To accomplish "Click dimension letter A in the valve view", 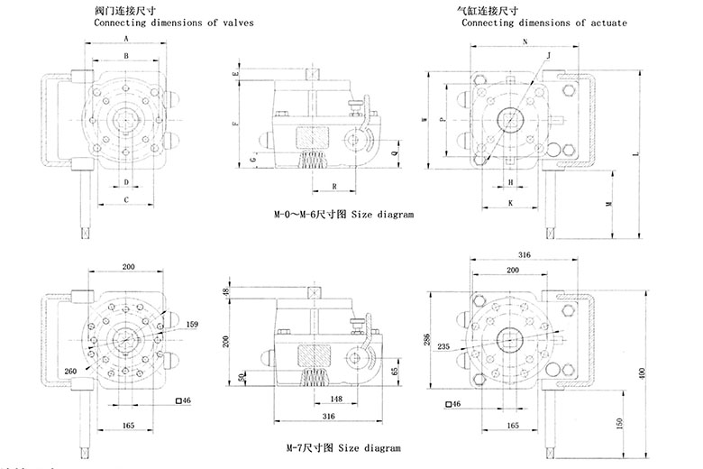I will click(x=126, y=40).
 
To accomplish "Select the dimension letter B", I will click(x=126, y=56).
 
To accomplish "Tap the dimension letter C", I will click(x=126, y=198).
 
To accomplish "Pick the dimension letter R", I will click(x=334, y=186).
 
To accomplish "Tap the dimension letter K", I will click(x=510, y=204).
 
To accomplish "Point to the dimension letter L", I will click(x=636, y=155).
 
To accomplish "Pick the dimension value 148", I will click(x=334, y=399).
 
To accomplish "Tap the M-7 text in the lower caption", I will click(x=284, y=447).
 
